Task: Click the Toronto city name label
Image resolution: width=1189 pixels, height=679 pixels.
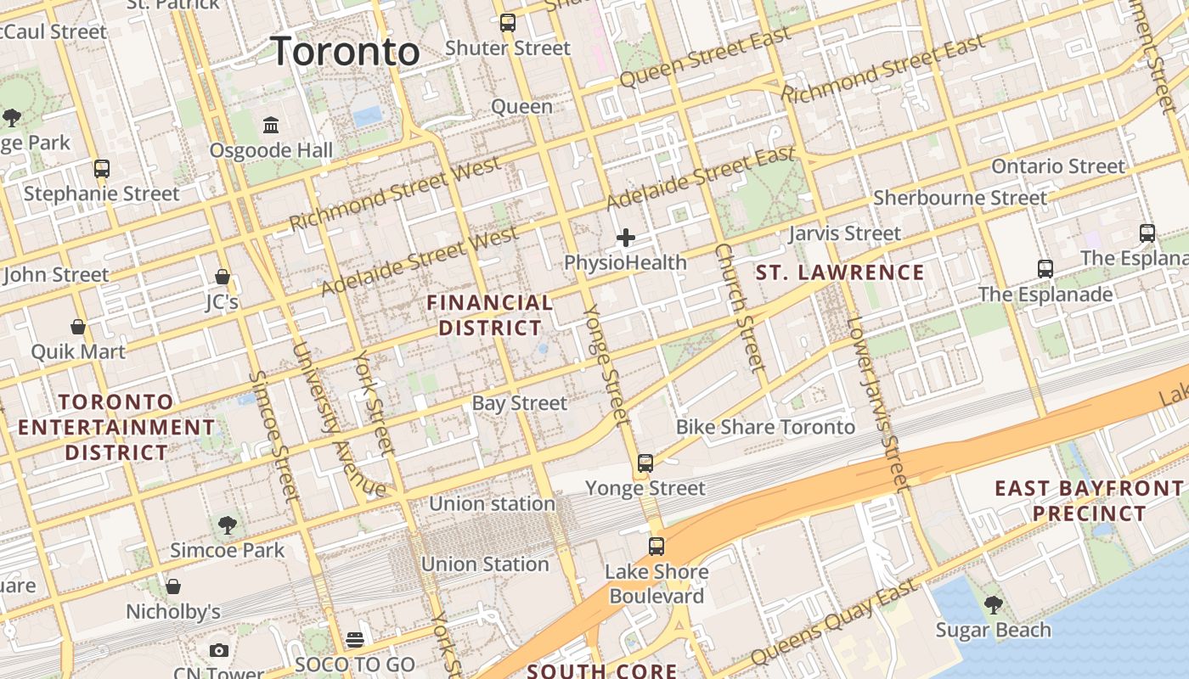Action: click(x=345, y=52)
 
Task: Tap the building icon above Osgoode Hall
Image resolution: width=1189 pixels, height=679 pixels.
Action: click(x=271, y=126)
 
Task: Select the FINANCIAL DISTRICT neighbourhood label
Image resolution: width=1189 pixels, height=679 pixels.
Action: click(x=490, y=315)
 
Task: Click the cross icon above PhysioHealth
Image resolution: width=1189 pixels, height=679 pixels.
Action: click(x=626, y=238)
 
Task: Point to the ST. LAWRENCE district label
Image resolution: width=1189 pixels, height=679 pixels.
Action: click(x=840, y=272)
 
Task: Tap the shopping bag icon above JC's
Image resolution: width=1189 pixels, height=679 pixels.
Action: click(x=222, y=277)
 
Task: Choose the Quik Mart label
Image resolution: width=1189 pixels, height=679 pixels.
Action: click(x=78, y=351)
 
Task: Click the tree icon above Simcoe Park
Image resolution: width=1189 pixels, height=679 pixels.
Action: click(x=227, y=525)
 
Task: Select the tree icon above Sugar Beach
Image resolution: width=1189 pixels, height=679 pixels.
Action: click(x=993, y=605)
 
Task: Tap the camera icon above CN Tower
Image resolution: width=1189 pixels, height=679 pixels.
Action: click(x=219, y=651)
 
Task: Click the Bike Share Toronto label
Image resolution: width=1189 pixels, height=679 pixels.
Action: click(x=765, y=427)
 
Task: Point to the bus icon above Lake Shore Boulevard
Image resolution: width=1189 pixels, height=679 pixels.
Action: click(x=656, y=547)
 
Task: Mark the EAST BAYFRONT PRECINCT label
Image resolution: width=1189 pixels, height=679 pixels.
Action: click(x=1089, y=501)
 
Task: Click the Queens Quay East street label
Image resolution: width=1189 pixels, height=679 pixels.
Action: click(x=834, y=622)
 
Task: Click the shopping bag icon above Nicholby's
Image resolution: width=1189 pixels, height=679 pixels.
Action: click(x=173, y=586)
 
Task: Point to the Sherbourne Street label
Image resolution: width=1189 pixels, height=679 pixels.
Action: click(x=961, y=198)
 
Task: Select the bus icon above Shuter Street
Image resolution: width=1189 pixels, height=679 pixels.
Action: click(x=507, y=23)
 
